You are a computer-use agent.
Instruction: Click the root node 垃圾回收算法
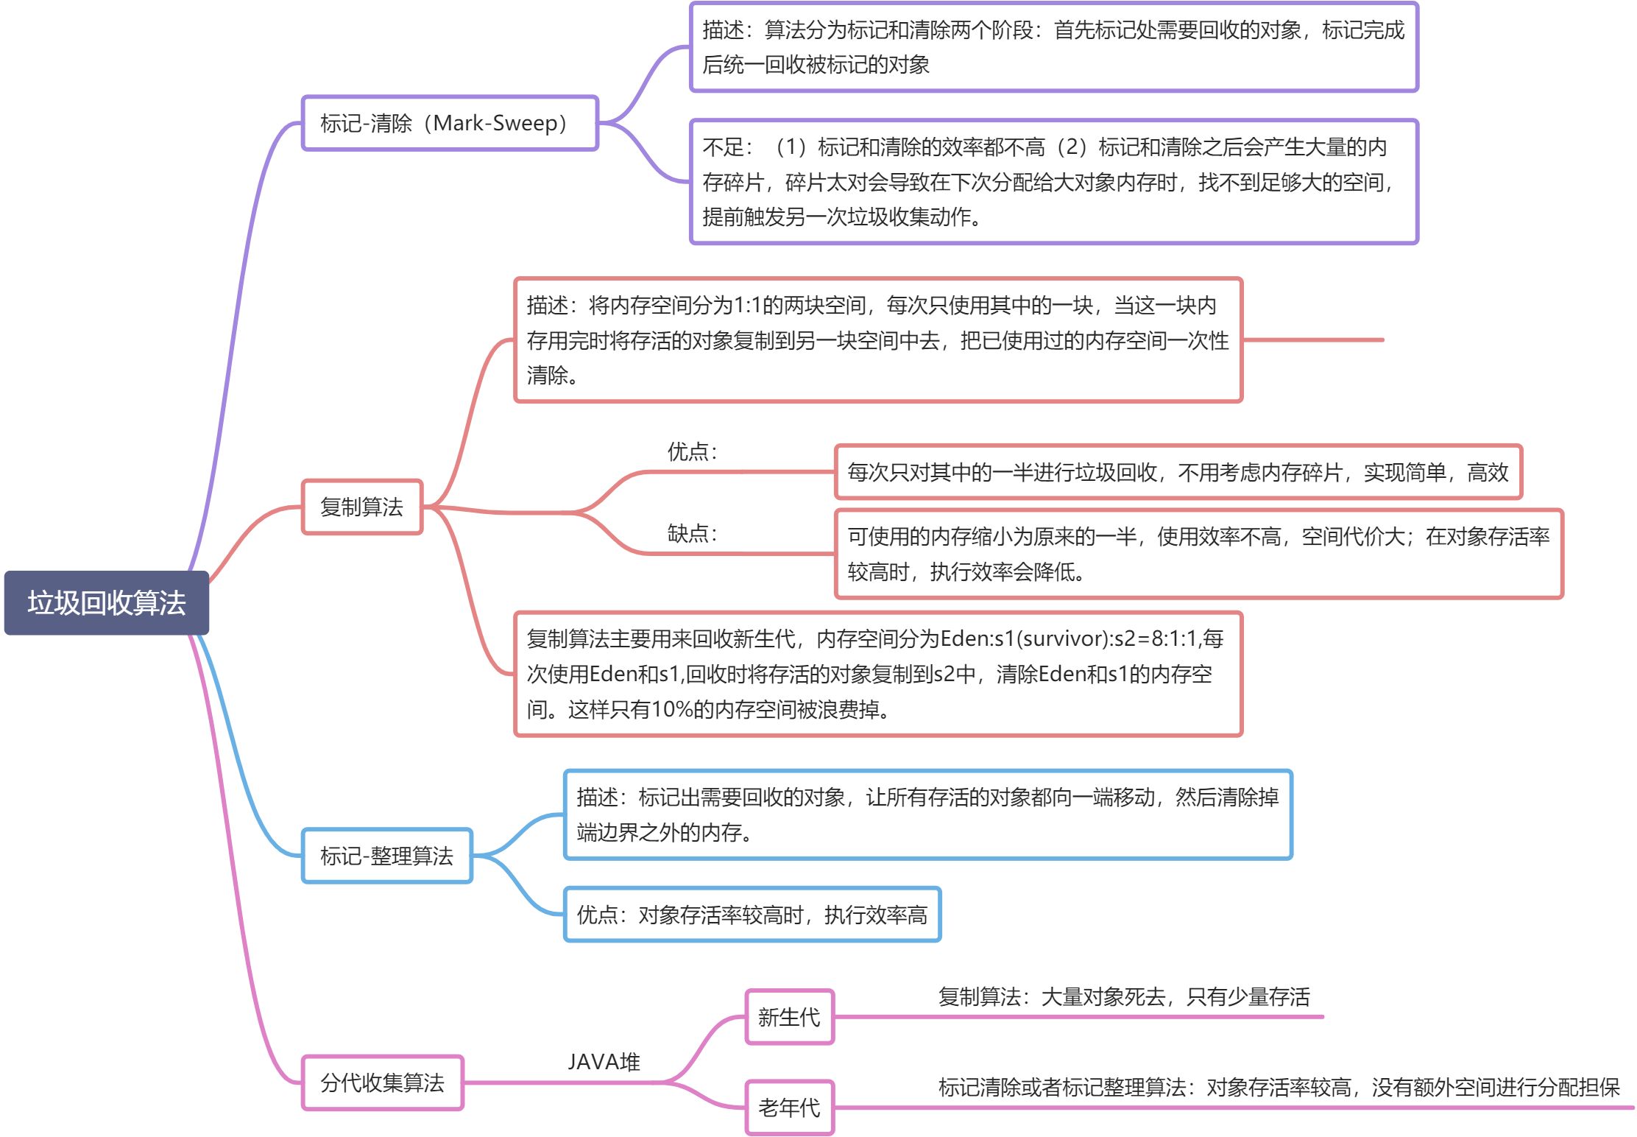[107, 602]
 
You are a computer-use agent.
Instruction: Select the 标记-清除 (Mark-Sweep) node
[450, 123]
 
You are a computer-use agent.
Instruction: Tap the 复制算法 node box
[362, 507]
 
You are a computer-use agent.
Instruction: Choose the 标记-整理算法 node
[387, 856]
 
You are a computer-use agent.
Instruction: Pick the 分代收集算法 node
[383, 1083]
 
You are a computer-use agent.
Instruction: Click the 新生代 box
[789, 1017]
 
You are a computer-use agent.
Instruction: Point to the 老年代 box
[789, 1107]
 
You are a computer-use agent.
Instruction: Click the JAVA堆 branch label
[604, 1062]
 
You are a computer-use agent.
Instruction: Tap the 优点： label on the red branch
[692, 451]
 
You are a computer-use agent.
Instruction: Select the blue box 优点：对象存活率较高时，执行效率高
[752, 915]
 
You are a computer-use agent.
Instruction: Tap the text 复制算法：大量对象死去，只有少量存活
[1124, 997]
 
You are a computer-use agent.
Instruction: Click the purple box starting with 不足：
[1054, 182]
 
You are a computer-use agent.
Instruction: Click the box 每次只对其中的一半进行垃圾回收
[1178, 472]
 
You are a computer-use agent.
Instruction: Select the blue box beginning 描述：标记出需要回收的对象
[927, 814]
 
